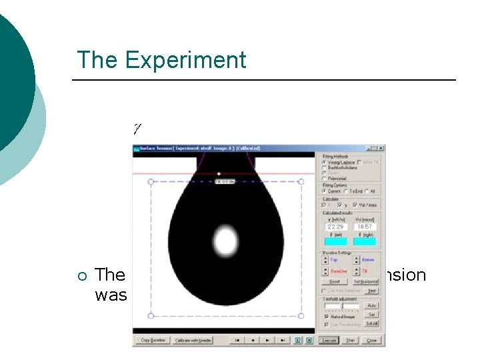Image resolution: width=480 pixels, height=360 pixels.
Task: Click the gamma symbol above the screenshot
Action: coord(137,127)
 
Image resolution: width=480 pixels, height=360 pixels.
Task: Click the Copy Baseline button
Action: coord(151,341)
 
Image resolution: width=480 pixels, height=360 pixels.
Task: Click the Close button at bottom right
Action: coord(372,341)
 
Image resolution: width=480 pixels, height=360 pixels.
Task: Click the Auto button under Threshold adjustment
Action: coord(372,305)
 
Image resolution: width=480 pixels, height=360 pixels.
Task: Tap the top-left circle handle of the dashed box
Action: coord(151,181)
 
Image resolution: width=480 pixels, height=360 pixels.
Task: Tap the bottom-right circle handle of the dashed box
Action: coord(301,315)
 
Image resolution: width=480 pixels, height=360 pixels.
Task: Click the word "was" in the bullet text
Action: coord(111,295)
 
